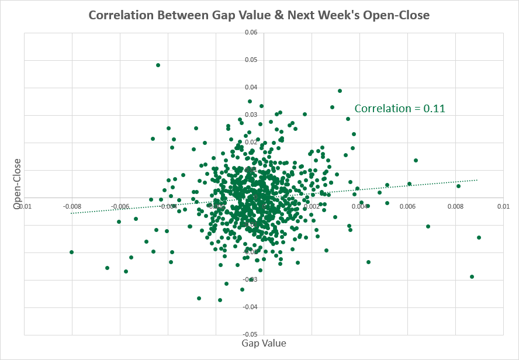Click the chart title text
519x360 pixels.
pos(259,15)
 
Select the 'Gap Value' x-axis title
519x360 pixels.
pos(264,343)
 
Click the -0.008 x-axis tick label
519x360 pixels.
pos(72,206)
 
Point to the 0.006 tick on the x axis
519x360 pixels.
pos(408,206)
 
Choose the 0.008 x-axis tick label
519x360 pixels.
pos(456,206)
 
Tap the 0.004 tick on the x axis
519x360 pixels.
pos(360,206)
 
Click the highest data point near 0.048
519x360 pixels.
pos(158,65)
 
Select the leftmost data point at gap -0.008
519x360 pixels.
pos(71,252)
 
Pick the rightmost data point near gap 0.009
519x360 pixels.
pos(479,237)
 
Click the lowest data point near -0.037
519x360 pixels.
pos(220,300)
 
